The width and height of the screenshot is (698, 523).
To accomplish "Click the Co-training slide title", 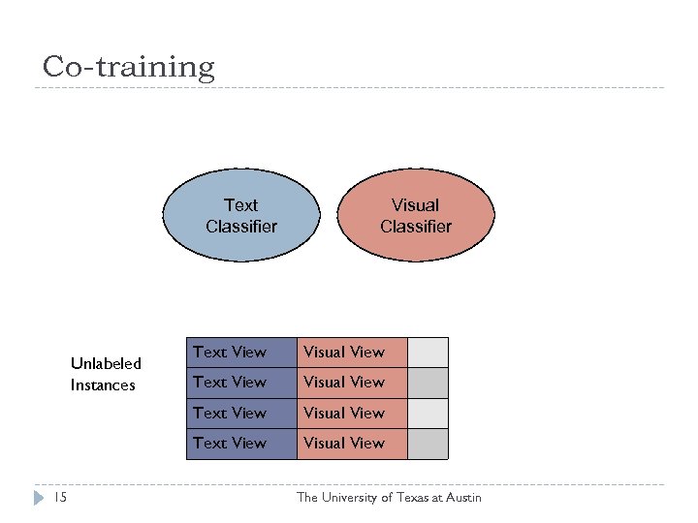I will [x=128, y=67].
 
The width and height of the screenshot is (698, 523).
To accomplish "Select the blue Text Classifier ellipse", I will [x=240, y=216].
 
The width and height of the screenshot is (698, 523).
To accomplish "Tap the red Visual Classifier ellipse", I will [x=420, y=216].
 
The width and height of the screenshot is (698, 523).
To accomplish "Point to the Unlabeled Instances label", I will [x=105, y=374].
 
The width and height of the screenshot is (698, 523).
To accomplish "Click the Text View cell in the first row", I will [x=240, y=353].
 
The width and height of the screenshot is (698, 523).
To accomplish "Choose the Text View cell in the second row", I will [x=240, y=383].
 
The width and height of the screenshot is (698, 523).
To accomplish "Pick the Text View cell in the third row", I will [x=240, y=413].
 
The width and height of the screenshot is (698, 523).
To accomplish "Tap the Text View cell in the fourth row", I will [x=240, y=443].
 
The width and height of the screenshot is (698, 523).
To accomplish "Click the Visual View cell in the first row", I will [x=351, y=353].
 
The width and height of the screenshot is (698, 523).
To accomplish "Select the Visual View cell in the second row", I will [x=351, y=383].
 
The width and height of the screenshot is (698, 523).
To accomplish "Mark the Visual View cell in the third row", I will [x=351, y=413].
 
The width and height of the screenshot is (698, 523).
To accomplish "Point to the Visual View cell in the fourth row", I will [x=351, y=443].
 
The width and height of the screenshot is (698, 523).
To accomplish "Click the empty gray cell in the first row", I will [x=428, y=353].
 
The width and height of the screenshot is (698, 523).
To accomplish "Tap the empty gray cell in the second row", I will [x=428, y=383].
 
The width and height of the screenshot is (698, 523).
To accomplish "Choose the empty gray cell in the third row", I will [x=428, y=413].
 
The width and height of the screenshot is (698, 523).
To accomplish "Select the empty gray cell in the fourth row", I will [x=428, y=443].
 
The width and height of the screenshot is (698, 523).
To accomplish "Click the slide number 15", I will [x=60, y=498].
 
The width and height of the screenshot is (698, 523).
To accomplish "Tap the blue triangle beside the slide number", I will [x=38, y=498].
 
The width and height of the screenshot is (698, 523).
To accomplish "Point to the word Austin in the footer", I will [x=462, y=498].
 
